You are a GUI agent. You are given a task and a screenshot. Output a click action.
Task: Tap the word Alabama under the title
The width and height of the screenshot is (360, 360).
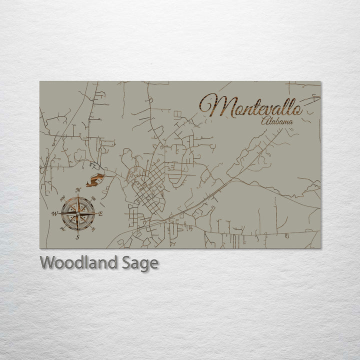(276, 120)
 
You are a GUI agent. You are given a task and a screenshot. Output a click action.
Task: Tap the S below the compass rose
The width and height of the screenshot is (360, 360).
(77, 237)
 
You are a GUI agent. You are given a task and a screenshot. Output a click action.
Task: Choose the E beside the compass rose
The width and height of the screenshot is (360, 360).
(100, 214)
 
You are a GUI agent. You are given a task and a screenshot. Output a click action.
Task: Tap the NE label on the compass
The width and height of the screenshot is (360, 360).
(94, 197)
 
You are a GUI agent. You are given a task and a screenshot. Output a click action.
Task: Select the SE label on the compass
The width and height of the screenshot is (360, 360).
(94, 230)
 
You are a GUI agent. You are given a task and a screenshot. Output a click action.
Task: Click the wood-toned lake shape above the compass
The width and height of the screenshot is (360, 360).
(95, 180)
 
